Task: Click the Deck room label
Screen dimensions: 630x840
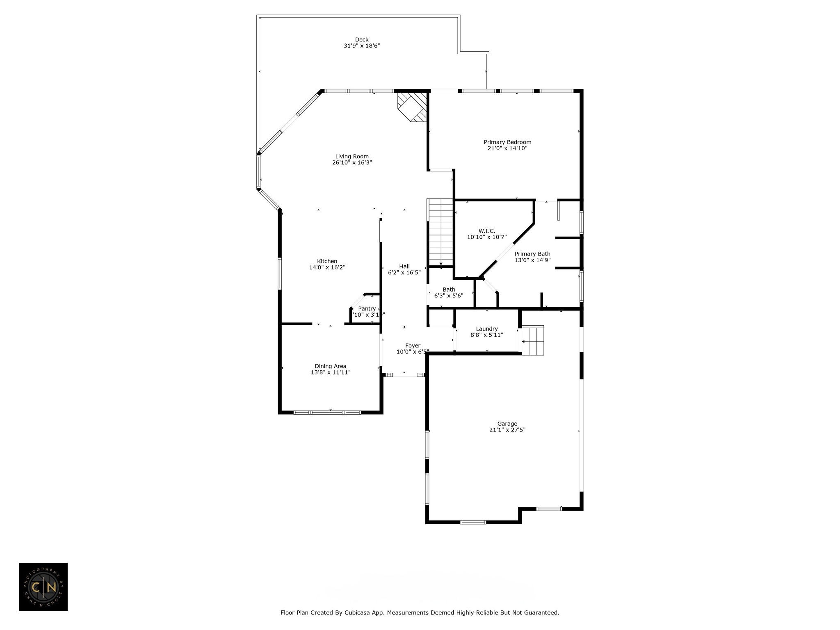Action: click(361, 40)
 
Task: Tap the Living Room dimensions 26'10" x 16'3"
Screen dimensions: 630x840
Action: click(352, 162)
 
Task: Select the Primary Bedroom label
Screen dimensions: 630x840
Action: click(507, 142)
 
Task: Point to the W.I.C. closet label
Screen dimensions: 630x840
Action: click(486, 231)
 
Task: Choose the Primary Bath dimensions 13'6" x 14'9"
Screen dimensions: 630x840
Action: click(532, 260)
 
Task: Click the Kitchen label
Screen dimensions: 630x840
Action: click(327, 261)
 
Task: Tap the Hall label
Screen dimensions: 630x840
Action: click(404, 266)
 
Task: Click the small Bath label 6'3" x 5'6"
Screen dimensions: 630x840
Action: click(449, 290)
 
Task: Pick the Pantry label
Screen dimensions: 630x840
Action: click(367, 309)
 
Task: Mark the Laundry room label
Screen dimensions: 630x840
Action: click(486, 329)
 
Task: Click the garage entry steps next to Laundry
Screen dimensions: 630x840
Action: click(532, 341)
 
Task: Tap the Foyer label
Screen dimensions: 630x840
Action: click(413, 346)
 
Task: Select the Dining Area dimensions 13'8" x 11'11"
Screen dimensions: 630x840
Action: click(331, 372)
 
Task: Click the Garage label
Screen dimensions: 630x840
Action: click(507, 424)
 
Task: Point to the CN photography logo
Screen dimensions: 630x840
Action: click(43, 587)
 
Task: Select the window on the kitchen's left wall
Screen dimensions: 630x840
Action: click(280, 273)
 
